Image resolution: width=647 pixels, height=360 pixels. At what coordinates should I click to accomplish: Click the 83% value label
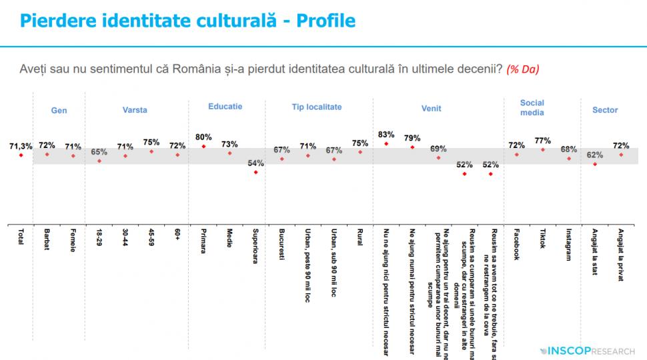pyautogui.click(x=386, y=133)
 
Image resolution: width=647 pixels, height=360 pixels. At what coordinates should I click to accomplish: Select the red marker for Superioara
pyautogui.click(x=255, y=173)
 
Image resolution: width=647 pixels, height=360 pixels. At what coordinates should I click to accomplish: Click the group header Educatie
pyautogui.click(x=225, y=106)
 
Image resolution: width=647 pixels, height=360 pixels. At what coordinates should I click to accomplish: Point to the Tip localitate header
pyautogui.click(x=317, y=107)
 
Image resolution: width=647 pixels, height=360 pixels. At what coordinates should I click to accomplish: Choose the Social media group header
pyautogui.click(x=532, y=107)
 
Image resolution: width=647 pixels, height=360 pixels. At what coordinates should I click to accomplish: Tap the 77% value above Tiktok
pyautogui.click(x=542, y=140)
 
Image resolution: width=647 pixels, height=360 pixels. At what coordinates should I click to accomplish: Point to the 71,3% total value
pyautogui.click(x=21, y=145)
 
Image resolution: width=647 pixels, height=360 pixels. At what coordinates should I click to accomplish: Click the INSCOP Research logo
pyautogui.click(x=590, y=349)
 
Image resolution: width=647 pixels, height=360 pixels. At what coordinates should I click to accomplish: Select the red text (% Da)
pyautogui.click(x=522, y=69)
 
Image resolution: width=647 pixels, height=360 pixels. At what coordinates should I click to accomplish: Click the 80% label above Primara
pyautogui.click(x=203, y=137)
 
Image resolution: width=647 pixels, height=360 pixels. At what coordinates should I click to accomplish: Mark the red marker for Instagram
pyautogui.click(x=569, y=159)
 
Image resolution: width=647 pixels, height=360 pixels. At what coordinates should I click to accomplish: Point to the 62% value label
pyautogui.click(x=594, y=154)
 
